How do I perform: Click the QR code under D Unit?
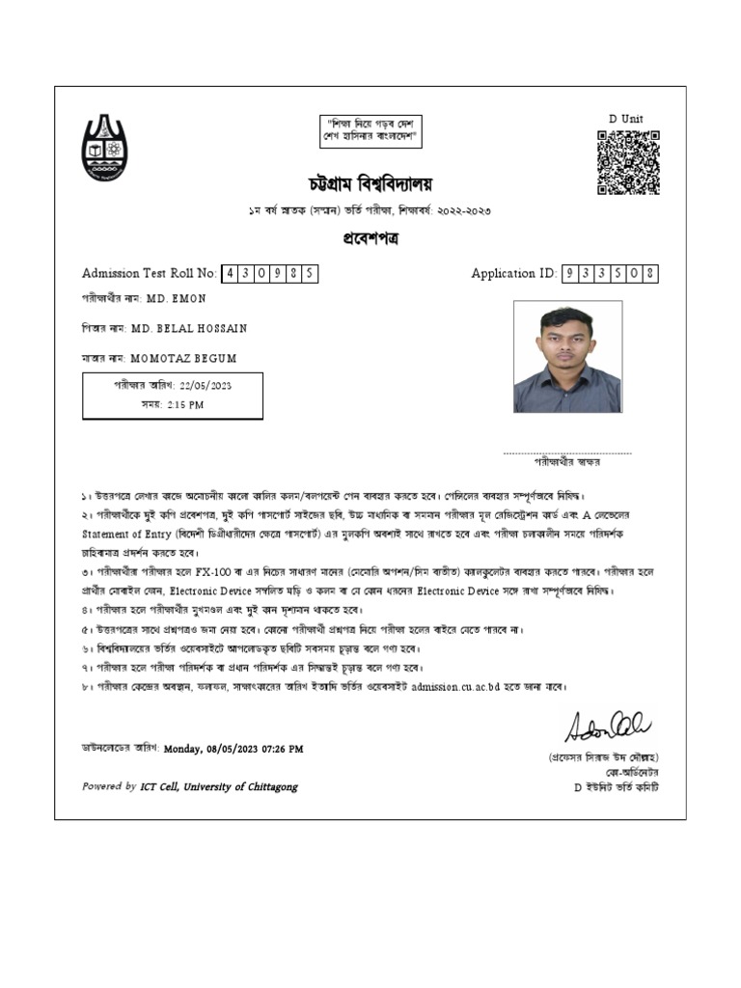(627, 162)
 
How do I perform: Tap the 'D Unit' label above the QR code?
(625, 119)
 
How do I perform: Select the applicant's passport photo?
(567, 357)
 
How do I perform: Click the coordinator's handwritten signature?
(608, 724)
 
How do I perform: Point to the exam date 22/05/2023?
(206, 386)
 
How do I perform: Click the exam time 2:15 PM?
(184, 405)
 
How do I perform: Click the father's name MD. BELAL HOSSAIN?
(189, 328)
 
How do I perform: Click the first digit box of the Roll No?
(231, 274)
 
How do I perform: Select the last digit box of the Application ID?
(650, 274)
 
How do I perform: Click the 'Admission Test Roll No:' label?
(150, 274)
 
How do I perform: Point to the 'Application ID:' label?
(514, 274)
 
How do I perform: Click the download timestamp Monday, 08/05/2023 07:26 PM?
(233, 748)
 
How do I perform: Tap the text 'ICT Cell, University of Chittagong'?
(219, 786)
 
